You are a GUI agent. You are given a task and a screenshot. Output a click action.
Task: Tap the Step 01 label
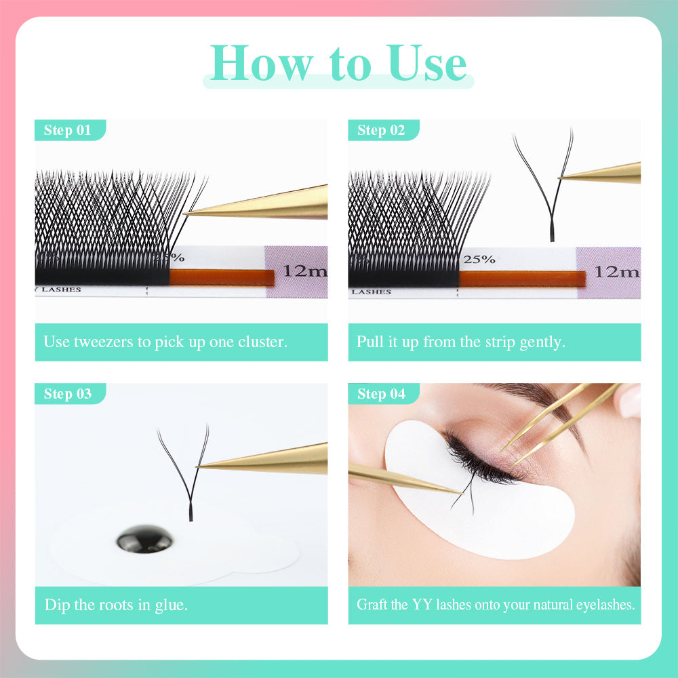(67, 130)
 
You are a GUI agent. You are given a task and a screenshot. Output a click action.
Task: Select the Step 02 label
(381, 130)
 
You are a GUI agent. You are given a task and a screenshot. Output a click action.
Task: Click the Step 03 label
(67, 394)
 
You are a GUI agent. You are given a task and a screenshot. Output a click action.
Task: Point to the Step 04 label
(381, 394)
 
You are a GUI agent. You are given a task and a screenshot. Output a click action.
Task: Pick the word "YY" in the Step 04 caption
(420, 604)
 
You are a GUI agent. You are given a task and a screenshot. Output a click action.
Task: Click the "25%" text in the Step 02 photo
(479, 259)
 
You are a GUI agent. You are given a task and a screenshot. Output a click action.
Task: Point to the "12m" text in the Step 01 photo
(304, 271)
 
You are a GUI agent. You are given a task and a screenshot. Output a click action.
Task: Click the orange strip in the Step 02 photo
(522, 279)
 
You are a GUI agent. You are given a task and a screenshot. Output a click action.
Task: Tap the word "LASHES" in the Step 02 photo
(372, 292)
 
